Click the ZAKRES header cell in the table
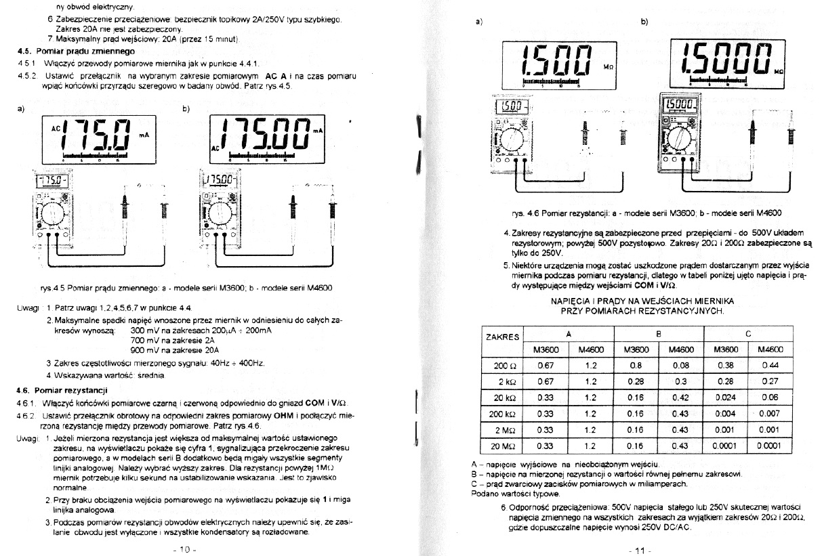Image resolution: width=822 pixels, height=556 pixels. tap(503, 337)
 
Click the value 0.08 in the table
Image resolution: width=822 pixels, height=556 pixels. tap(681, 366)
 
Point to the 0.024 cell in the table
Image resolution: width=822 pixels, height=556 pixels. tap(726, 398)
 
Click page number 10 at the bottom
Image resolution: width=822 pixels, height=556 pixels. tap(184, 549)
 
